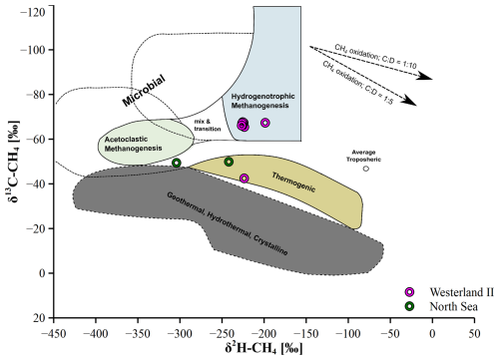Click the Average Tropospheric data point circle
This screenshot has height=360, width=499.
click(366, 169)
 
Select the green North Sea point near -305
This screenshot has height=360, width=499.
click(177, 163)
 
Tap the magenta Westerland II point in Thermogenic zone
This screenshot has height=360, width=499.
click(245, 179)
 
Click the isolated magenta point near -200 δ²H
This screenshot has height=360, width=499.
click(265, 123)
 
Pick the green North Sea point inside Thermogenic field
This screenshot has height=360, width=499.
click(229, 162)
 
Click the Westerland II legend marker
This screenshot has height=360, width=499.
click(409, 292)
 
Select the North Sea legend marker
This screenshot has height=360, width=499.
click(409, 306)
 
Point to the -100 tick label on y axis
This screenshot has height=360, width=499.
click(33, 50)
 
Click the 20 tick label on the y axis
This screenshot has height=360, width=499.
click(39, 318)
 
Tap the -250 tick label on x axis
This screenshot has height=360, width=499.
click(222, 333)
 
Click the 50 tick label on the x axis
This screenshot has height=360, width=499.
click(474, 333)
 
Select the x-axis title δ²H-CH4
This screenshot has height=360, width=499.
click(263, 348)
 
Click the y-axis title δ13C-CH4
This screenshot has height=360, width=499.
click(14, 161)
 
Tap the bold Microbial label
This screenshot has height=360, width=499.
click(144, 91)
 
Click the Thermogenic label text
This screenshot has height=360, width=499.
click(293, 182)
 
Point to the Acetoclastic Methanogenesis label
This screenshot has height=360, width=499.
click(133, 144)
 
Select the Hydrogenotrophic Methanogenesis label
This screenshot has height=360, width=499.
click(262, 101)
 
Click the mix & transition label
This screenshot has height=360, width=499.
click(208, 125)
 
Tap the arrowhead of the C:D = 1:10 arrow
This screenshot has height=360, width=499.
click(426, 77)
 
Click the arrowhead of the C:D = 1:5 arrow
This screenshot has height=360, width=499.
click(411, 101)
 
